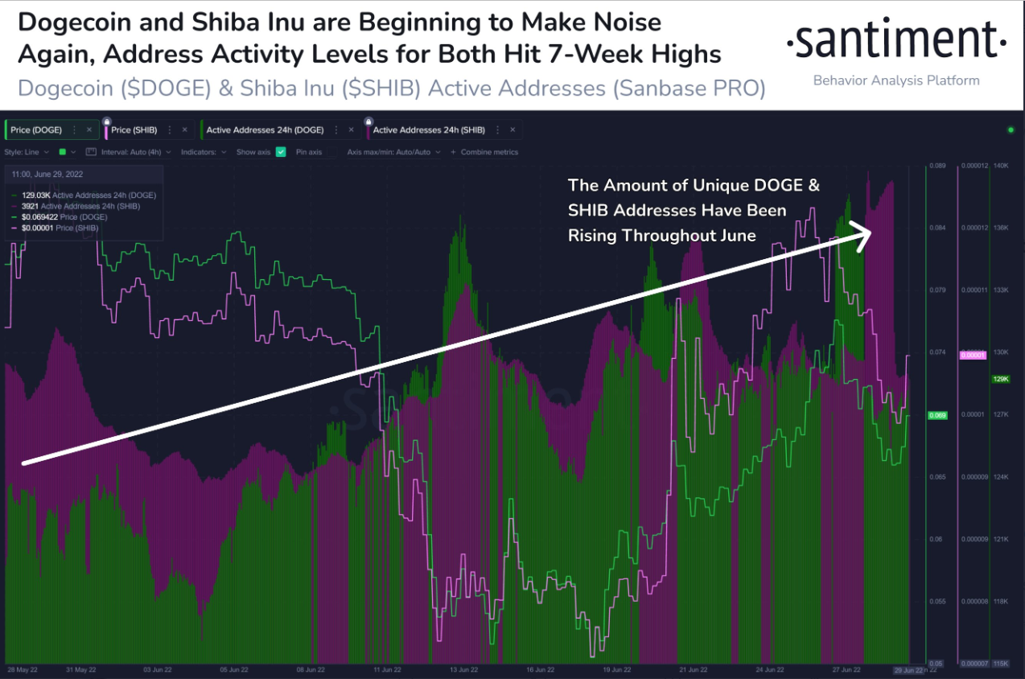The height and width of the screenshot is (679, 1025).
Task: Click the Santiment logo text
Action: click(895, 41)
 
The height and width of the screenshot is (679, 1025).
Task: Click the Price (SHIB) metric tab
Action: click(134, 130)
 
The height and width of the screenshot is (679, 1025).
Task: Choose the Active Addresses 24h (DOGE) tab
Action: click(265, 130)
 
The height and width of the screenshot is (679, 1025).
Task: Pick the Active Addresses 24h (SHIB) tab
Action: click(429, 130)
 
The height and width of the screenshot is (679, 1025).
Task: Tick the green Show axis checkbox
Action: click(281, 151)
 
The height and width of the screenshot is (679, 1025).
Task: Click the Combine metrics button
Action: click(489, 151)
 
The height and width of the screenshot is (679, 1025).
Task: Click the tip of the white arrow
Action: click(872, 232)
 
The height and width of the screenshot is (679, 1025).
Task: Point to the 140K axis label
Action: click(1001, 166)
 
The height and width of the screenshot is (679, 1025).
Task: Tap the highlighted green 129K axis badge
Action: click(1001, 379)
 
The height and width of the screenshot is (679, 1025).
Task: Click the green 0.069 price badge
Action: click(937, 415)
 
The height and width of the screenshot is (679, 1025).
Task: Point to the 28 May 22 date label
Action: click(22, 669)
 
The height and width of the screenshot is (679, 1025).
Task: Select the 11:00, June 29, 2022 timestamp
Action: click(47, 174)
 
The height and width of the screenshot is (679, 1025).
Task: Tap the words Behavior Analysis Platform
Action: click(896, 80)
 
